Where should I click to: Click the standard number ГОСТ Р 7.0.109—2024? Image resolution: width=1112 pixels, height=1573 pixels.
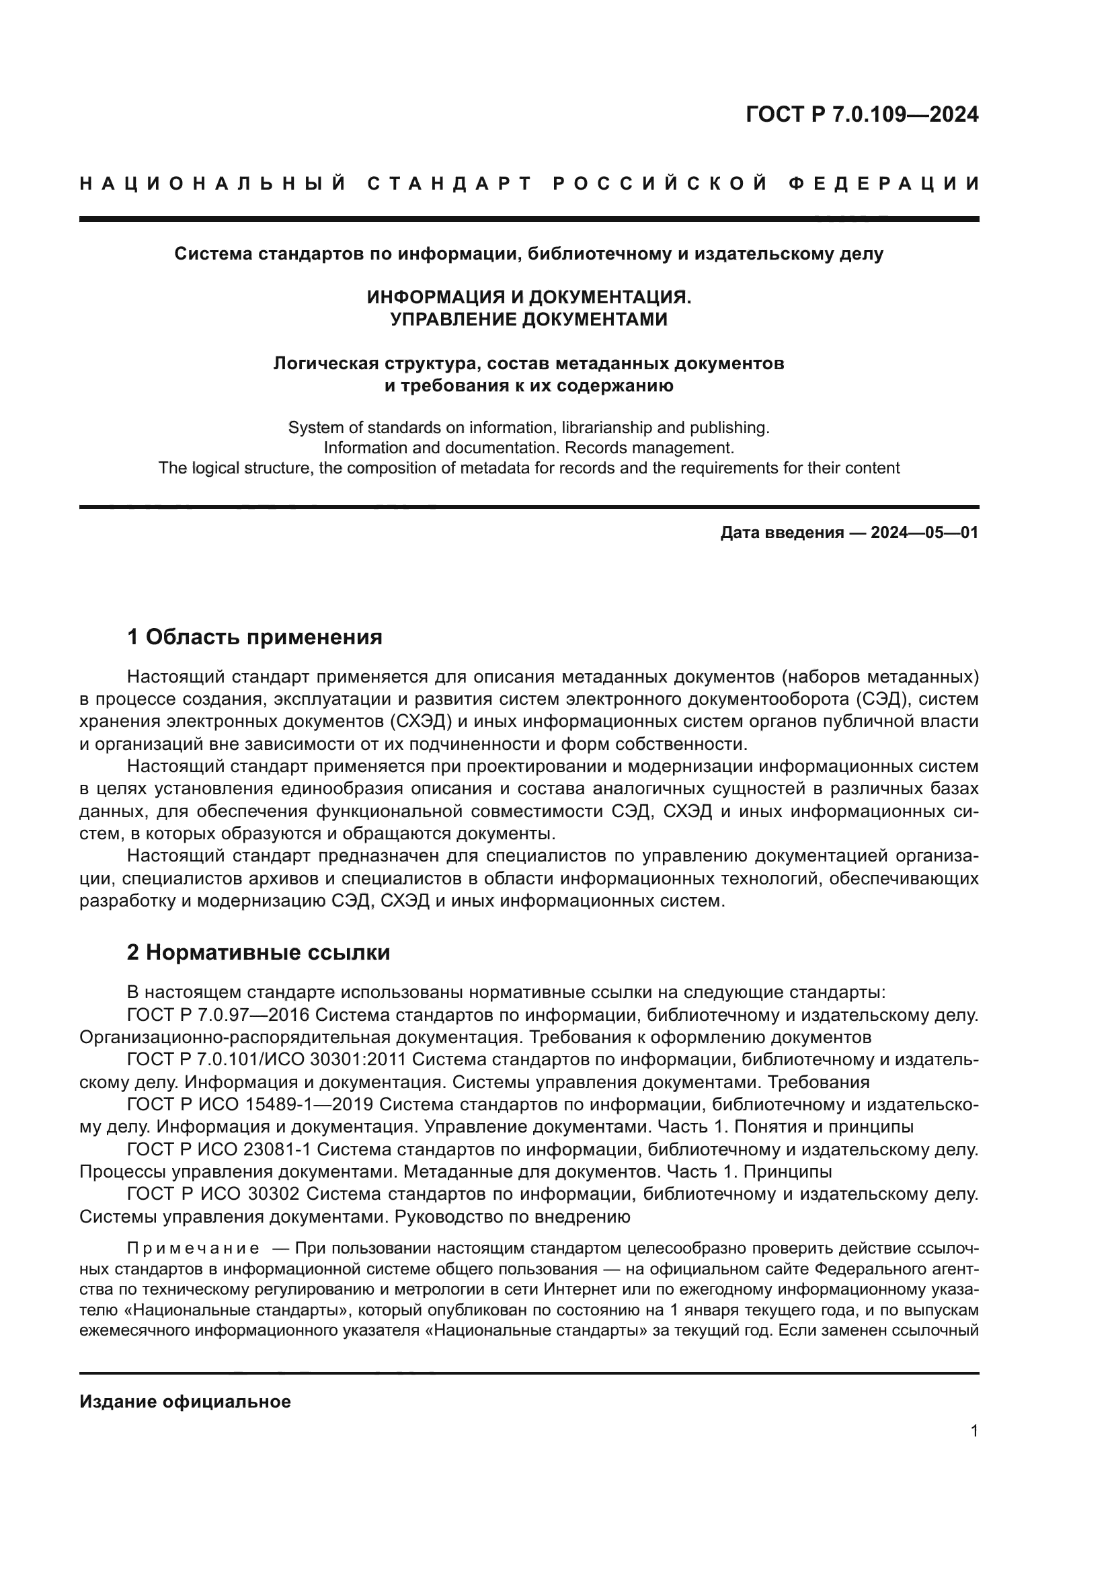click(861, 114)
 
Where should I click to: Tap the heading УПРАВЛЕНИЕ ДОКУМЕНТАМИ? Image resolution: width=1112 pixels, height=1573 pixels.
click(528, 319)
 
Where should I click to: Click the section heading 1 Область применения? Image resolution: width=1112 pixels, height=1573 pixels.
click(255, 637)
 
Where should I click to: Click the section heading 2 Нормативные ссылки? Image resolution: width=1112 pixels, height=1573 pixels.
click(258, 952)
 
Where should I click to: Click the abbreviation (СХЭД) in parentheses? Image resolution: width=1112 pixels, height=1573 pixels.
click(420, 722)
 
